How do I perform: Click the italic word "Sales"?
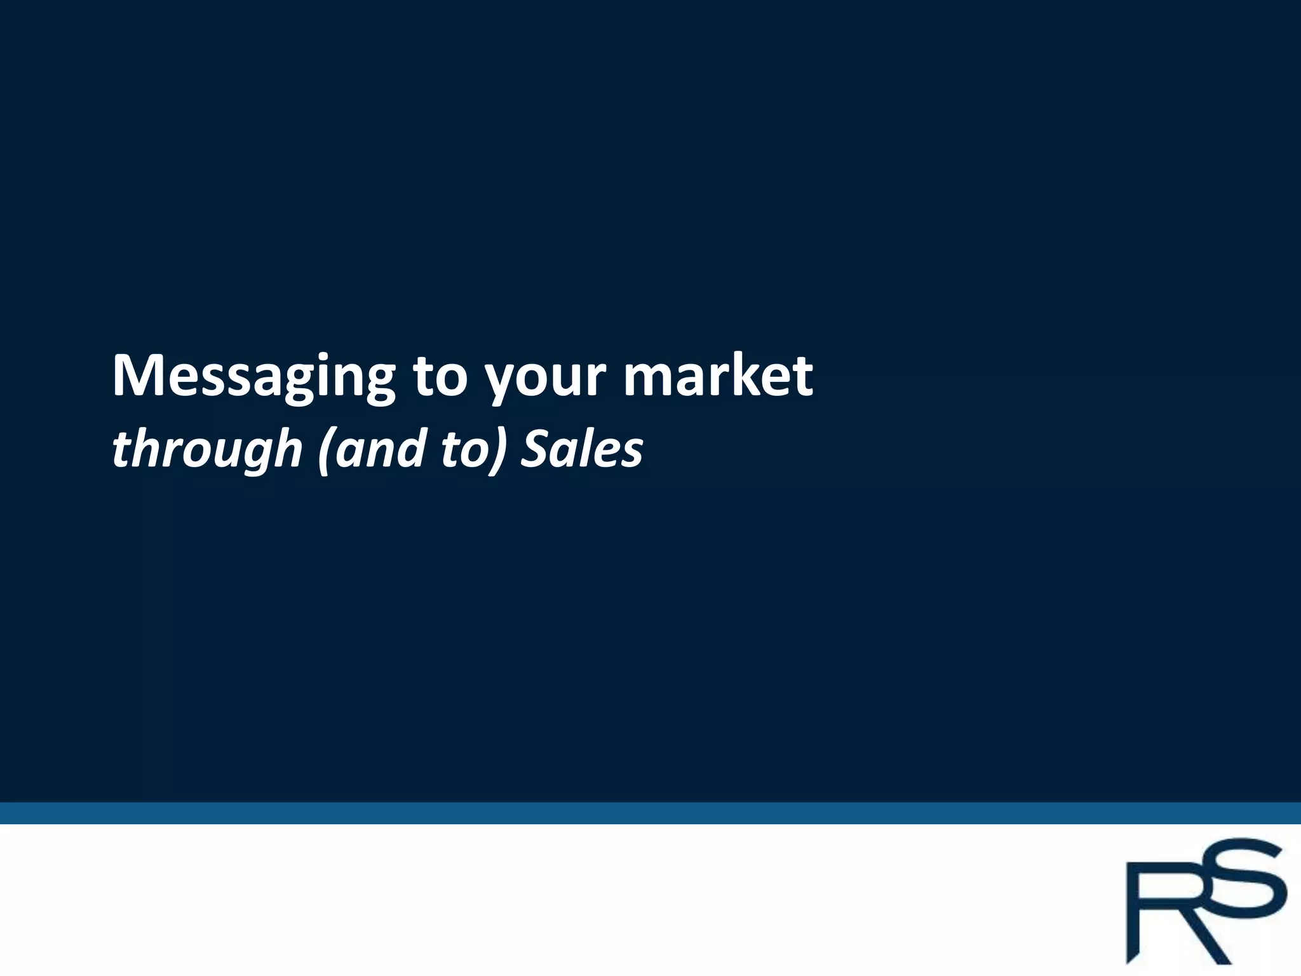(582, 449)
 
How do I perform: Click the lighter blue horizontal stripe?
(650, 813)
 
